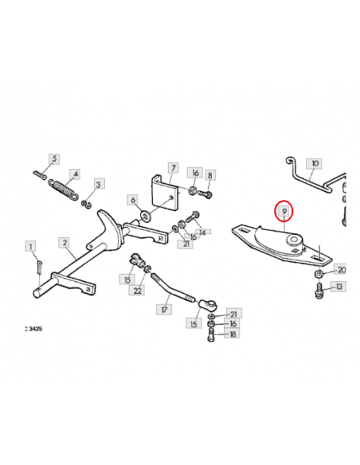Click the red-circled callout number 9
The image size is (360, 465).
click(x=284, y=211)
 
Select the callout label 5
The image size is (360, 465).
click(x=54, y=158)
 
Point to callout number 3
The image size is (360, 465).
click(x=99, y=184)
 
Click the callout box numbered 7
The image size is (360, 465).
click(x=173, y=168)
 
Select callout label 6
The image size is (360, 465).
click(x=132, y=200)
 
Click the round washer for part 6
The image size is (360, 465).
click(x=146, y=215)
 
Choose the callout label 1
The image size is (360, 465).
click(x=30, y=247)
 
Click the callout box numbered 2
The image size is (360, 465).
click(x=65, y=243)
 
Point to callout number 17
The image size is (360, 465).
click(x=164, y=310)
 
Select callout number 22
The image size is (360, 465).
click(x=137, y=291)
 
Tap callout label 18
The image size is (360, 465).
click(x=233, y=334)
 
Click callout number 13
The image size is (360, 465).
click(x=338, y=287)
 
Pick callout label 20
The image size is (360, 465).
click(x=341, y=270)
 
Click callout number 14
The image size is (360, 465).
click(x=203, y=232)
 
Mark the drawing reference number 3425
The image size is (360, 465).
click(x=35, y=329)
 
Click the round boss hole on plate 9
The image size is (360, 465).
click(x=294, y=239)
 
